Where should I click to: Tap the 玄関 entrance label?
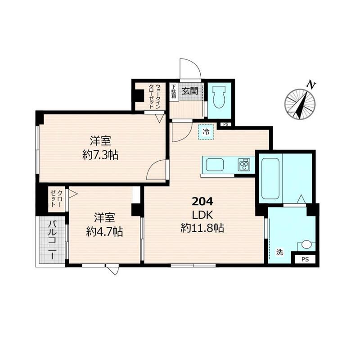click(190, 91)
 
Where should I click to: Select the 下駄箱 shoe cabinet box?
click(174, 91)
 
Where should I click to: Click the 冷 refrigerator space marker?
click(206, 132)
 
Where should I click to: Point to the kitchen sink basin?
click(215, 165)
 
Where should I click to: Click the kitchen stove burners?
click(244, 165)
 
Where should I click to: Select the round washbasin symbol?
click(306, 244)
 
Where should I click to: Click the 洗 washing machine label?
click(279, 252)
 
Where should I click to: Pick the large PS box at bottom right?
click(305, 260)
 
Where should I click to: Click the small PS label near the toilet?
click(226, 125)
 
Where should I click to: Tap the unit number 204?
click(202, 202)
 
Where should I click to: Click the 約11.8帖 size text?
click(202, 228)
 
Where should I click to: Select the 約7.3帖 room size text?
click(100, 155)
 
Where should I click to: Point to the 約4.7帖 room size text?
click(104, 232)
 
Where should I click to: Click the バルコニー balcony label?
click(52, 240)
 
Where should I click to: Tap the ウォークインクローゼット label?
click(154, 96)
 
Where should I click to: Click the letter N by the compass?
click(311, 85)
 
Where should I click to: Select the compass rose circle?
click(300, 104)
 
